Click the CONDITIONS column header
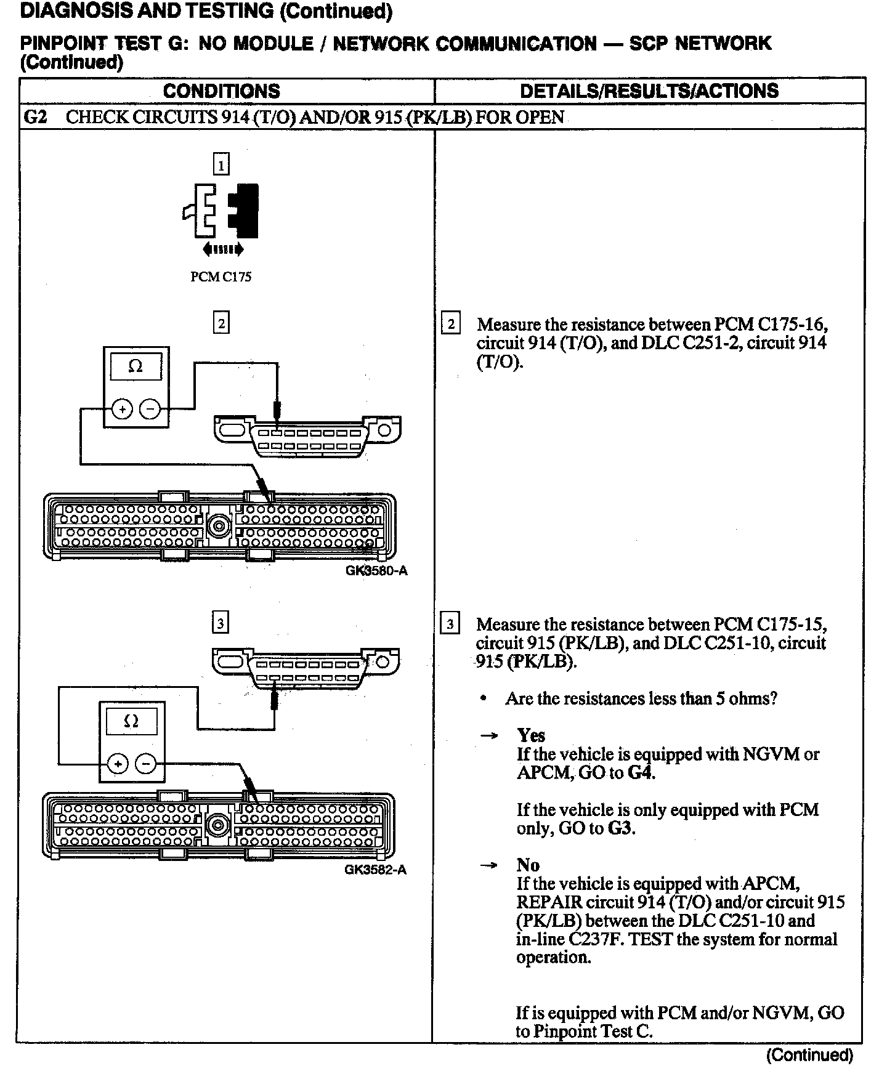tap(221, 91)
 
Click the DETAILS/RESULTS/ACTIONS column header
tap(649, 91)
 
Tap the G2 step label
tap(35, 117)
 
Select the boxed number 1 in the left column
tap(221, 164)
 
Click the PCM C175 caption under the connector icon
tap(221, 277)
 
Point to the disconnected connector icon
tap(221, 211)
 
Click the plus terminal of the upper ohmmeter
tap(122, 409)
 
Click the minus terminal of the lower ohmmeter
tap(146, 764)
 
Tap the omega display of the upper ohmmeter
tap(136, 366)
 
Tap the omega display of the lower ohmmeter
tap(131, 721)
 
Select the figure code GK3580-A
tap(376, 570)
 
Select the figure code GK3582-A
tap(375, 870)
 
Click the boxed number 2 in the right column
tap(451, 324)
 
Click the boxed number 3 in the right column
tap(450, 624)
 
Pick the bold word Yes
tap(531, 735)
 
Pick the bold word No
tap(528, 865)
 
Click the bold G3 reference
tap(620, 828)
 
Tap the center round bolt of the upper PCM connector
tap(217, 525)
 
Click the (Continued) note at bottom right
tap(809, 1055)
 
